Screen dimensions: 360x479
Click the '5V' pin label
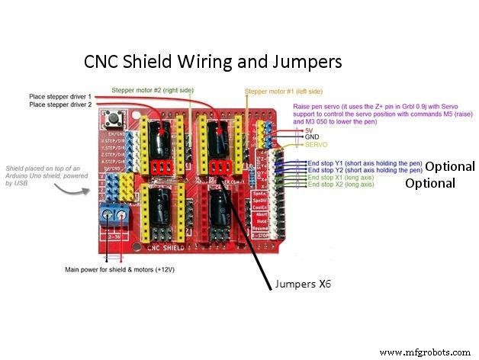(309, 130)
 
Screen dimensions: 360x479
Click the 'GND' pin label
(312, 137)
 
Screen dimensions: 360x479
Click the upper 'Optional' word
(449, 166)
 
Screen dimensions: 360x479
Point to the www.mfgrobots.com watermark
(425, 352)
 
